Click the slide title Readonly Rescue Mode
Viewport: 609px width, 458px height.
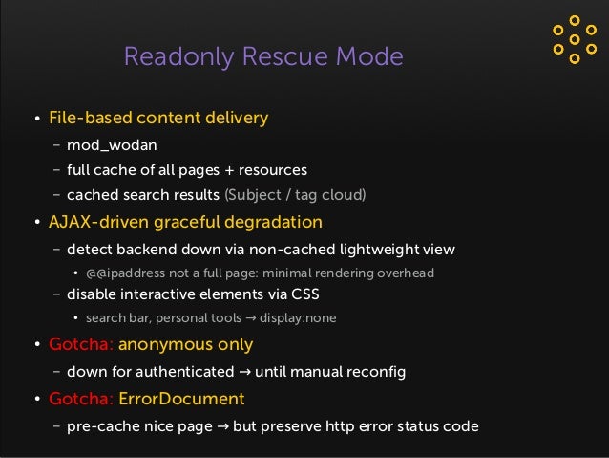[263, 57]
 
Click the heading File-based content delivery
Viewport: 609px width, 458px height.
[158, 119]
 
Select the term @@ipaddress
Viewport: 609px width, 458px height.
[122, 273]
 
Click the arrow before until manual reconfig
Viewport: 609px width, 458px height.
[245, 371]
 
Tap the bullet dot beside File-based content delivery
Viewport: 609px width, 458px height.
[36, 120]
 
